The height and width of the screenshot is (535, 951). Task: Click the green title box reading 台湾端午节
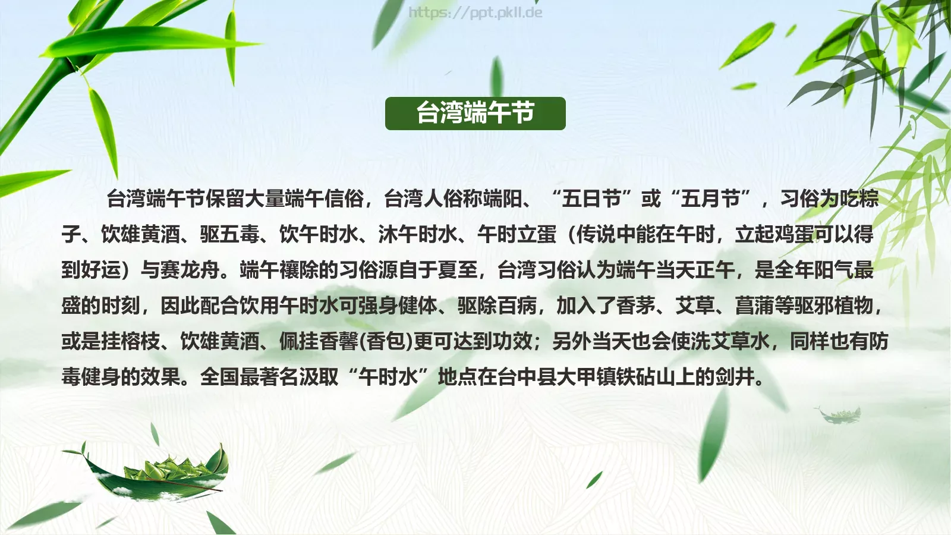[x=475, y=113]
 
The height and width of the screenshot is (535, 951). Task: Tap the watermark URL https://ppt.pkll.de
[x=475, y=12]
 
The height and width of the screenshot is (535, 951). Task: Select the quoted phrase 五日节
[x=591, y=199]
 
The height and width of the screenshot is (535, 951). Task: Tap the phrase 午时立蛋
[x=517, y=234]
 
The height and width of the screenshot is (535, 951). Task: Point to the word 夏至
[x=457, y=270]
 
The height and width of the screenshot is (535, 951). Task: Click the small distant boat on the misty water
[x=839, y=414]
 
